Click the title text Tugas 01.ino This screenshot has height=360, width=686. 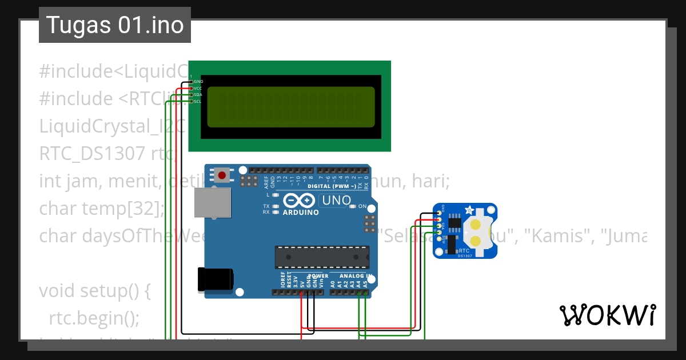point(115,25)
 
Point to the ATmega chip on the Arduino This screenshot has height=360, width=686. point(321,257)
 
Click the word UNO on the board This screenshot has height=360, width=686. point(337,201)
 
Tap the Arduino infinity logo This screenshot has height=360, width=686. point(298,201)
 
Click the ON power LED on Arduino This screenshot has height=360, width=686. point(353,206)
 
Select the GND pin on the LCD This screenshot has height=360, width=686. point(192,82)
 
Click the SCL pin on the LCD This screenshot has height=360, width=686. point(192,102)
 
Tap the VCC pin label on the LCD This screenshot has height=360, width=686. point(198,89)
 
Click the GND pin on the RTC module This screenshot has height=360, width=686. point(439,213)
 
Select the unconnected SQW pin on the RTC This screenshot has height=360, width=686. point(439,239)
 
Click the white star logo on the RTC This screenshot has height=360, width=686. point(470,210)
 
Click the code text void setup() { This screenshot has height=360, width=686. point(94,290)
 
